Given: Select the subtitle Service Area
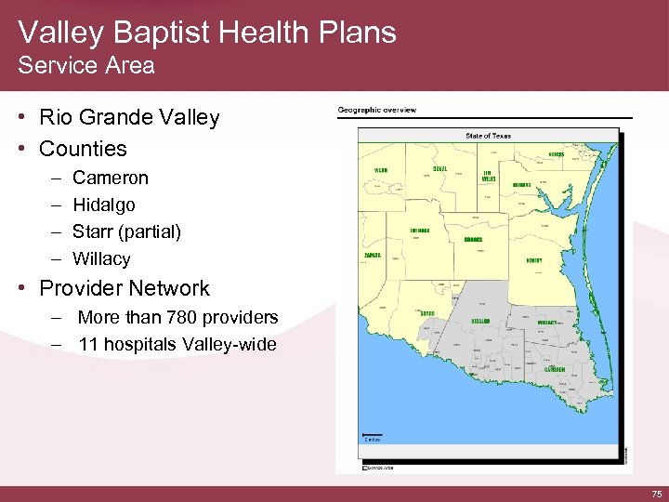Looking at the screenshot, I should point(86,66).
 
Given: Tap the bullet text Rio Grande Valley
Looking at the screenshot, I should point(129,118).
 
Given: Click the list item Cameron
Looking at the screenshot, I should point(110,177).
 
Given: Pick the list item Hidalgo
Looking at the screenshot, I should point(103,204).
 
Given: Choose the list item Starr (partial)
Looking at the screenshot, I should point(126,231).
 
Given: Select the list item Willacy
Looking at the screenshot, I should point(101,258).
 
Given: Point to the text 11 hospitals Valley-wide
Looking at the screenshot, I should point(177,345).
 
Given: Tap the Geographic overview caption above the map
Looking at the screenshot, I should point(376,111).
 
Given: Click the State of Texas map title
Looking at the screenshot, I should point(488,136).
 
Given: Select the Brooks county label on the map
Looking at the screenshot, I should point(473,239).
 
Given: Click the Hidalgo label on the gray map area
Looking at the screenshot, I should point(480,321).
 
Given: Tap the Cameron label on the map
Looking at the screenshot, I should point(555,369).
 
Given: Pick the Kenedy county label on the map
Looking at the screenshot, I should point(534,260).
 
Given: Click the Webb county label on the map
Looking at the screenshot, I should point(381,171).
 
